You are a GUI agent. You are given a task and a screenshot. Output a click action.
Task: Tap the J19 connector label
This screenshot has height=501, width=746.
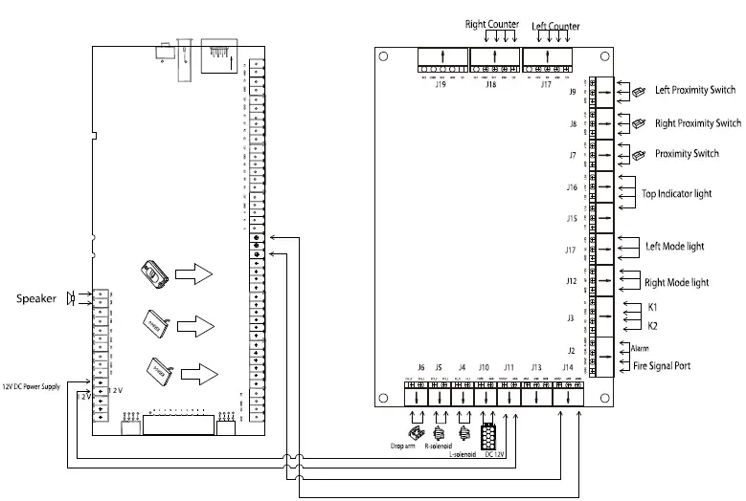point(441,85)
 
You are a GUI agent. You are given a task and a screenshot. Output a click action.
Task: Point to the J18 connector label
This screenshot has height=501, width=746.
point(490,85)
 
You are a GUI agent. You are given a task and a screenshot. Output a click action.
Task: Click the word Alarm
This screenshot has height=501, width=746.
point(641,349)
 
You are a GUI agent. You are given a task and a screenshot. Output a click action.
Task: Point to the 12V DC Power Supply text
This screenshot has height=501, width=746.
point(32,386)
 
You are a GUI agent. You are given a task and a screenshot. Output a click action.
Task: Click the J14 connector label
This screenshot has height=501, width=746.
point(568,367)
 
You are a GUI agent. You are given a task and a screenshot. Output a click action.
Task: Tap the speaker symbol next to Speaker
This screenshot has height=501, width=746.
point(70,298)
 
